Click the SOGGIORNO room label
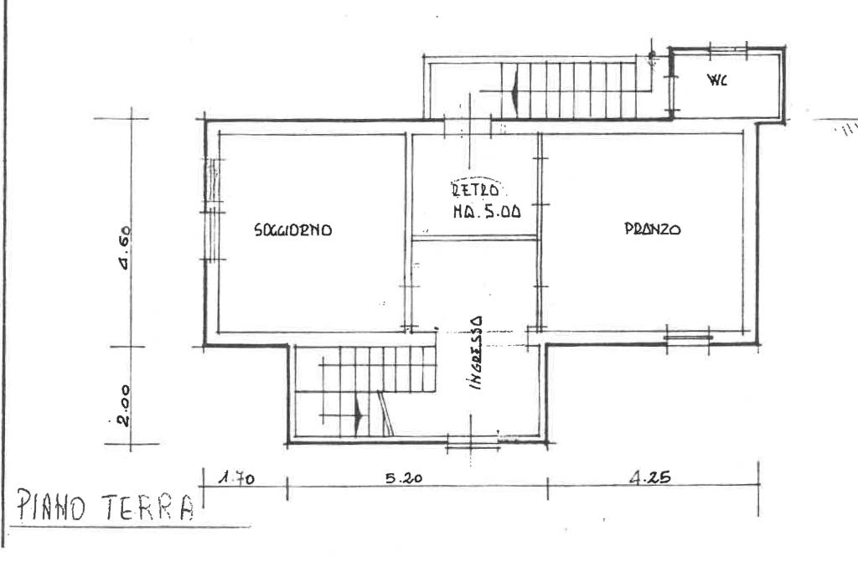tap(292, 229)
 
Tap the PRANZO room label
tap(652, 229)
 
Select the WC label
tap(717, 81)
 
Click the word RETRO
tap(476, 190)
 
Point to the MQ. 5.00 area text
tap(487, 212)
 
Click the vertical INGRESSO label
tap(476, 353)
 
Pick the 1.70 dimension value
tap(236, 478)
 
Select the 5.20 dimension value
tap(404, 478)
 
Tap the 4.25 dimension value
tap(649, 478)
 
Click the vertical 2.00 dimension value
tap(124, 405)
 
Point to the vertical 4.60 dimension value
tap(124, 248)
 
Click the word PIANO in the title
tap(51, 505)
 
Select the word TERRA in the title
tap(148, 505)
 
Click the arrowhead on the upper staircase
tap(514, 91)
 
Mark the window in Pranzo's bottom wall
tap(689, 338)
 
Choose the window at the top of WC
tap(728, 49)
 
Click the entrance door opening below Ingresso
tap(473, 441)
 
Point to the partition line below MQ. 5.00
tap(475, 237)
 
